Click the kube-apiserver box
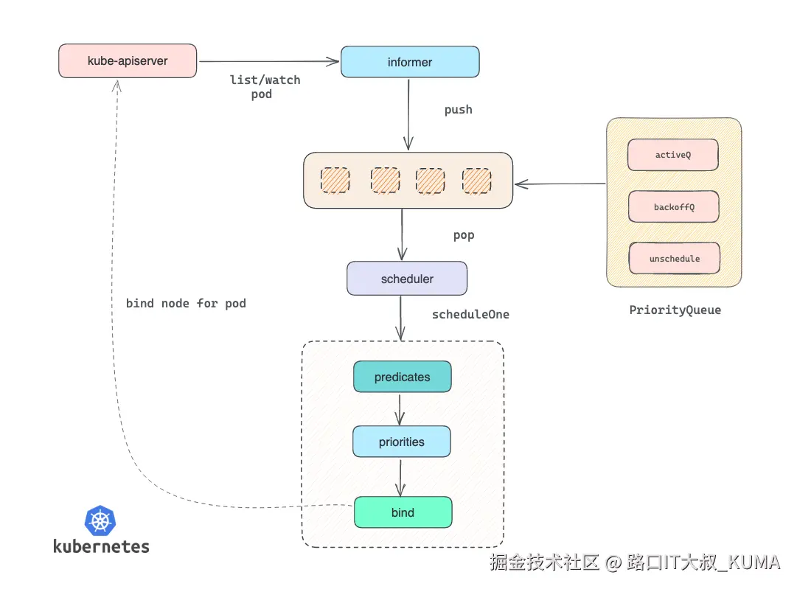tap(128, 61)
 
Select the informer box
tap(410, 62)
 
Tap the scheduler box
tap(407, 279)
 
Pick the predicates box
tap(402, 377)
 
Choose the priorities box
tap(401, 442)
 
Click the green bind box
tap(403, 512)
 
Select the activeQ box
tap(673, 156)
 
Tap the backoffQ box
tap(673, 207)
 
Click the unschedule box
tap(674, 259)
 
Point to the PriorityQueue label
tap(675, 310)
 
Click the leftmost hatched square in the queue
tap(335, 181)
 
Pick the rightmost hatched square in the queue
tap(476, 181)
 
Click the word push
tap(458, 110)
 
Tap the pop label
tap(463, 236)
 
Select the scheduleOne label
tap(470, 315)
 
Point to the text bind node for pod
tap(186, 303)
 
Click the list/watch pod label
tap(265, 87)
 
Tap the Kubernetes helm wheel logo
tap(101, 520)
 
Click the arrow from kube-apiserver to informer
tap(268, 62)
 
